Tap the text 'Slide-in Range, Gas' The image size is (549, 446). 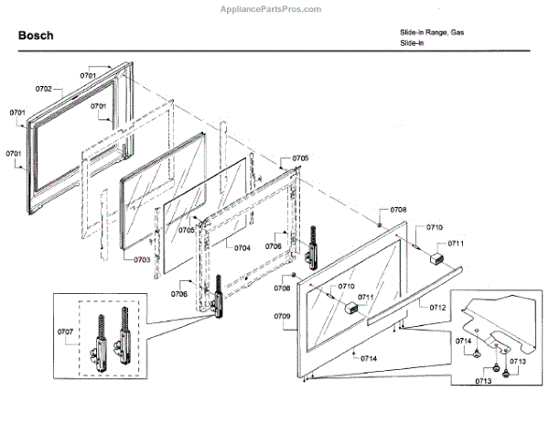(x=431, y=32)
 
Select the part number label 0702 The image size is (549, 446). (x=43, y=89)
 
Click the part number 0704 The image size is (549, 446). (x=242, y=248)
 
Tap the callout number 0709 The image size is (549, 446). (x=282, y=315)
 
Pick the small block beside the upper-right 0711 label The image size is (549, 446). (x=437, y=258)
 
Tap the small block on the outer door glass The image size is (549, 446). (x=349, y=309)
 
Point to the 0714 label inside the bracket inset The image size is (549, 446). (x=465, y=341)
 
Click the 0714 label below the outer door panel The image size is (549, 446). (x=368, y=358)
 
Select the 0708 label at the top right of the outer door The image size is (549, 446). (x=398, y=210)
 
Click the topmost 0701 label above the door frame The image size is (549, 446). (x=88, y=73)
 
